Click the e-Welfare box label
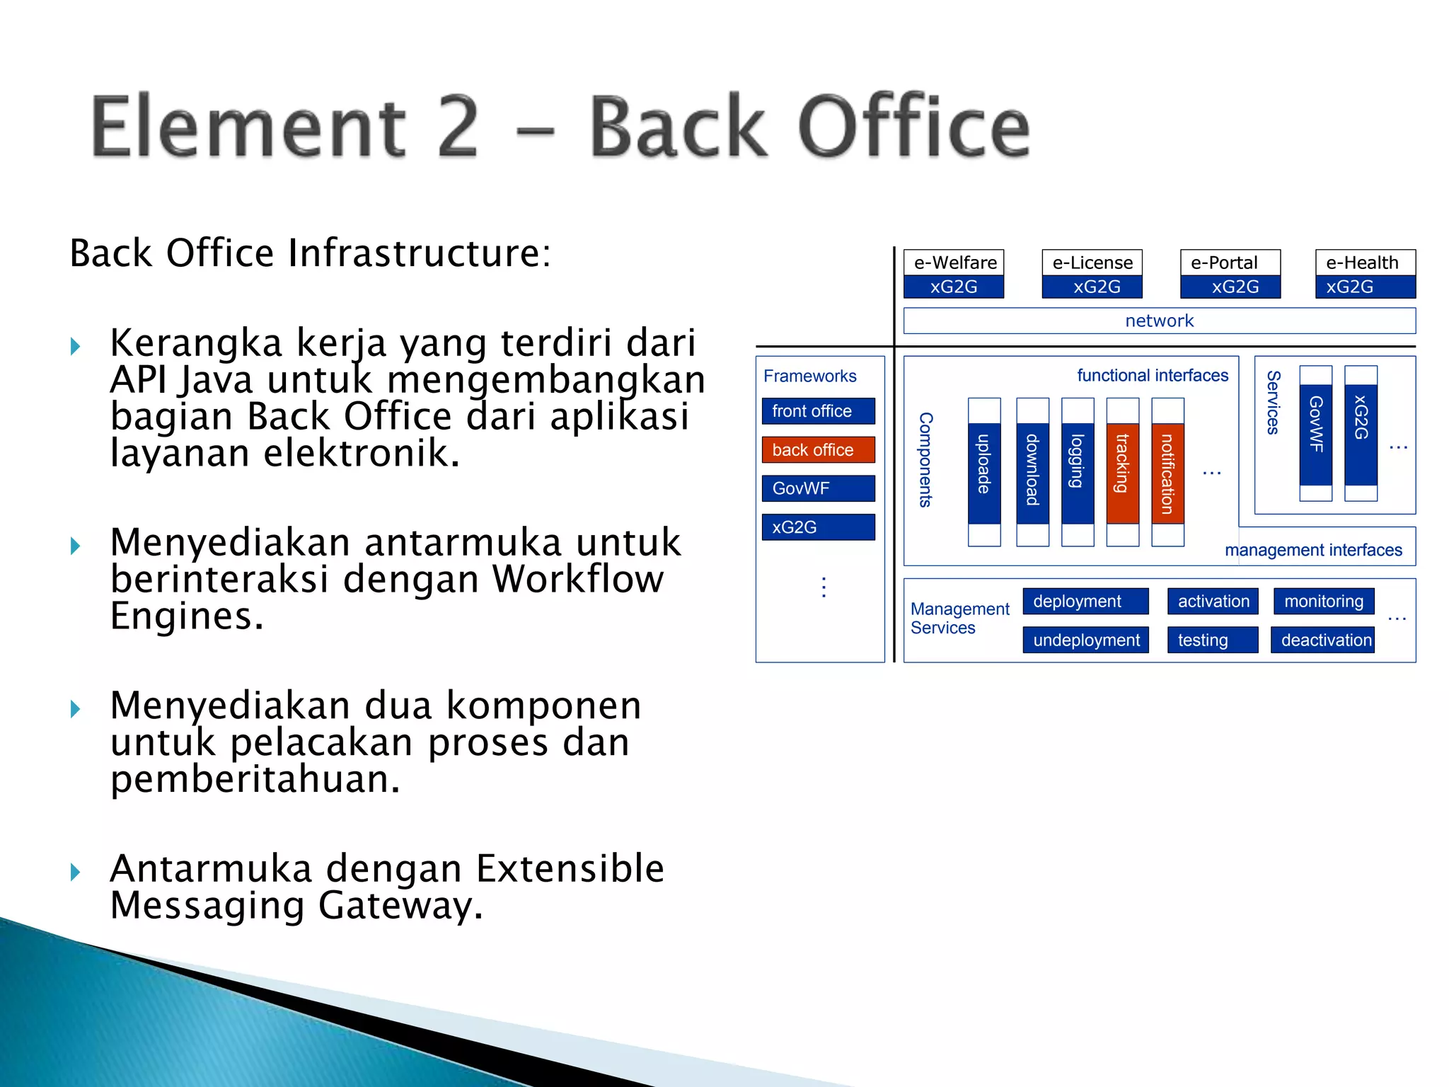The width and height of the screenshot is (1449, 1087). [954, 263]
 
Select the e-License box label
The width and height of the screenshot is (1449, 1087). [1092, 263]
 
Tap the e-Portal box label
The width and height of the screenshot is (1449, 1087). [1224, 263]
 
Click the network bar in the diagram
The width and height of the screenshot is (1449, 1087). [1159, 321]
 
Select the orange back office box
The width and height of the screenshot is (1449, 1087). [818, 449]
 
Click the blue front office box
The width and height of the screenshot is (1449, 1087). [818, 411]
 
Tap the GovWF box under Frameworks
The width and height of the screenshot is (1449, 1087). [818, 488]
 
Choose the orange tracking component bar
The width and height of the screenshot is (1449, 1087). [1122, 472]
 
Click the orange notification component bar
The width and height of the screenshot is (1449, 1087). [1167, 472]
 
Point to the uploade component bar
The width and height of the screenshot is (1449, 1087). [984, 472]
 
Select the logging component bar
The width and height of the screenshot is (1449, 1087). [1077, 472]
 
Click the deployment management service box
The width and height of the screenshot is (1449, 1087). [1085, 602]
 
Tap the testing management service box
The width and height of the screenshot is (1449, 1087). [1212, 640]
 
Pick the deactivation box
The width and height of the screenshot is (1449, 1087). [1323, 640]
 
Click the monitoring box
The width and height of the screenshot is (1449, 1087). [1323, 602]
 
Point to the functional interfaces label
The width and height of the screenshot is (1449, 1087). [1153, 375]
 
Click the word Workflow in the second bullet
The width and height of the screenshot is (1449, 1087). [578, 579]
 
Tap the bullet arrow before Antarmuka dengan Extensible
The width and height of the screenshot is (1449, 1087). [76, 872]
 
